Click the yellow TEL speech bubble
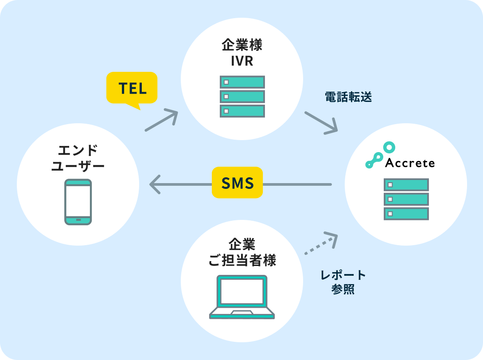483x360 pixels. pyautogui.click(x=132, y=88)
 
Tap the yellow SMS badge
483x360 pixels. pyautogui.click(x=237, y=183)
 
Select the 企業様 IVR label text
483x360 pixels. pyautogui.click(x=242, y=53)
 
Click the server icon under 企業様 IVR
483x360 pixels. pyautogui.click(x=242, y=96)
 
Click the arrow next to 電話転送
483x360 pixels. pyautogui.click(x=321, y=122)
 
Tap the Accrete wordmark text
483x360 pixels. pyautogui.click(x=410, y=163)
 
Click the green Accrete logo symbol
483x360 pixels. pyautogui.click(x=379, y=155)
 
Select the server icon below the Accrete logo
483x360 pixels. pyautogui.click(x=406, y=199)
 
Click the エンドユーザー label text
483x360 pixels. pyautogui.click(x=78, y=158)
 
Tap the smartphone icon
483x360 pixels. pyautogui.click(x=78, y=202)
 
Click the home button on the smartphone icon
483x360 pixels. pyautogui.click(x=78, y=220)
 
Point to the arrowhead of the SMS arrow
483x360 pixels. pyautogui.click(x=154, y=184)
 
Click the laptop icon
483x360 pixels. pyautogui.click(x=242, y=297)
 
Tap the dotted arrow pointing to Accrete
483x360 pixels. pyautogui.click(x=321, y=244)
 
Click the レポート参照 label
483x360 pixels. pyautogui.click(x=343, y=282)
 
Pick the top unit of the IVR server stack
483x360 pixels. pyautogui.click(x=242, y=82)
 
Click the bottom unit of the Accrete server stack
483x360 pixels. pyautogui.click(x=406, y=214)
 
